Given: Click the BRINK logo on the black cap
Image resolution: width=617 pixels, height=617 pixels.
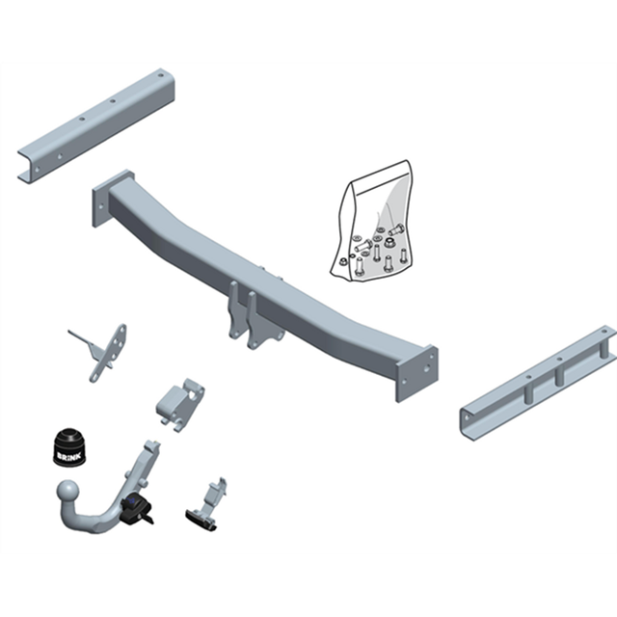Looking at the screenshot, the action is pyautogui.click(x=69, y=456).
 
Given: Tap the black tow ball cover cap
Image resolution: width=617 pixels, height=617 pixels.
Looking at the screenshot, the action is pyautogui.click(x=70, y=447).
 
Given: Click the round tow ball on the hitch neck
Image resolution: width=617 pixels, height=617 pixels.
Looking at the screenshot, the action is pyautogui.click(x=67, y=491).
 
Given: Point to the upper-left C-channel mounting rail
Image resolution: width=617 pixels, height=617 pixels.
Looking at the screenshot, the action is pyautogui.click(x=96, y=126).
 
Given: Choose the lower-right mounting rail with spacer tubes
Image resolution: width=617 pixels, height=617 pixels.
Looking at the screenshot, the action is pyautogui.click(x=538, y=383).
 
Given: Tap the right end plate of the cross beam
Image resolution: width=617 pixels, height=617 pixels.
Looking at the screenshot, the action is pyautogui.click(x=417, y=374).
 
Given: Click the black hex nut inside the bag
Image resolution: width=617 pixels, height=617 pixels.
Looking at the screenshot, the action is pyautogui.click(x=389, y=244).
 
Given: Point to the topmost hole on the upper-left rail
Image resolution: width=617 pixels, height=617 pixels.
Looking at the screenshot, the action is pyautogui.click(x=161, y=74).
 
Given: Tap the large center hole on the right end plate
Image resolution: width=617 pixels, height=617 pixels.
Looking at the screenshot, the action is pyautogui.click(x=426, y=368).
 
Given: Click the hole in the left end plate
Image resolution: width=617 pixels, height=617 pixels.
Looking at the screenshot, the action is pyautogui.click(x=101, y=205).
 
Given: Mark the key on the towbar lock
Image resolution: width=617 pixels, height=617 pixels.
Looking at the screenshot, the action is pyautogui.click(x=148, y=519).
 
